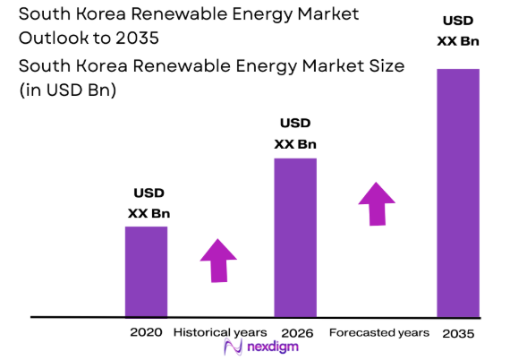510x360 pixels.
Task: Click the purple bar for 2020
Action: (146, 271)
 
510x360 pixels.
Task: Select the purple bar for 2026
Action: (295, 237)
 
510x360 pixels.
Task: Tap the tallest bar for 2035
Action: (457, 193)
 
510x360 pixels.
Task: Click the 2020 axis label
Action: (146, 332)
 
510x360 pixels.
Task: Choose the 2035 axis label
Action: (458, 332)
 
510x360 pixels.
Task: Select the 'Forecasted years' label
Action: (379, 332)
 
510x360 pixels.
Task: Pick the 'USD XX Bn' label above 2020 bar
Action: (149, 203)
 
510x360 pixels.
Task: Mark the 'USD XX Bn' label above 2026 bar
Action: (295, 133)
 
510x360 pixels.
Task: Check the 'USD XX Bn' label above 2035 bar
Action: (457, 31)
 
